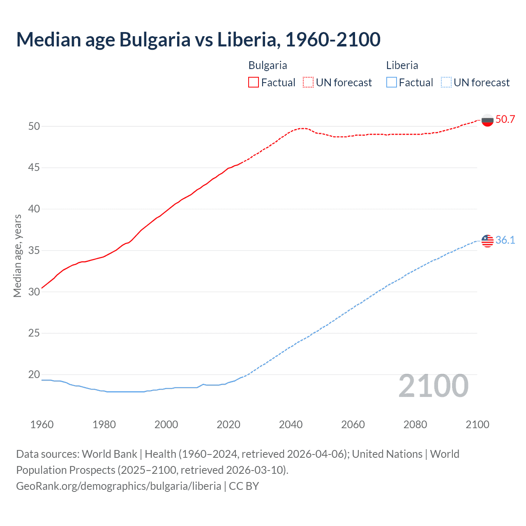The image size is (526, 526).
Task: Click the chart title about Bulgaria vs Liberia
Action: coord(198,39)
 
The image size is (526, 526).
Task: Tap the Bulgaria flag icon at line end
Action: coord(487,120)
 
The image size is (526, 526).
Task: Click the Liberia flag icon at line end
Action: coord(487,241)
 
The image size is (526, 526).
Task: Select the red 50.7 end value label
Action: coord(505,120)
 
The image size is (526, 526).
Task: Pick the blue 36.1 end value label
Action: coord(505,240)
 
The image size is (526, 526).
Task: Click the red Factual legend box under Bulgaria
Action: coord(254,83)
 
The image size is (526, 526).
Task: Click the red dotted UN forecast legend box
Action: coord(308,83)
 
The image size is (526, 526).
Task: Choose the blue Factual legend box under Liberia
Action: coord(392,83)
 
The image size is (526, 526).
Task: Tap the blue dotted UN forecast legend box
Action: coord(446,83)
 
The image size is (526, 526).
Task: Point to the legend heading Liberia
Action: coord(402,65)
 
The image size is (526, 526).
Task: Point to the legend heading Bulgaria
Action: coord(268,65)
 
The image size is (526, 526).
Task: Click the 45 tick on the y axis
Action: coord(34,168)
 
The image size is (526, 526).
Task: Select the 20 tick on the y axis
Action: coord(34,374)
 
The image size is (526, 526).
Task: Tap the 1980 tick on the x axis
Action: coord(104,424)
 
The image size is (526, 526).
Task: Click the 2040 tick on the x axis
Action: coord(291,424)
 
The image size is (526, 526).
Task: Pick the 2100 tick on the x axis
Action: coord(477,424)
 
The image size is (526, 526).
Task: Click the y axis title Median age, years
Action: coord(17,256)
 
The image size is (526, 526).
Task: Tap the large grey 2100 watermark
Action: coord(433,386)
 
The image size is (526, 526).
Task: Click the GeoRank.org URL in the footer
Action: coord(118,486)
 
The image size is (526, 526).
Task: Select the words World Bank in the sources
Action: coord(109,454)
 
